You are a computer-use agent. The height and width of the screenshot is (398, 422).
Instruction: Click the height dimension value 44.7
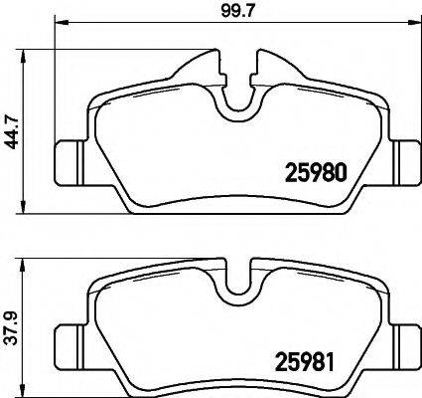(x=11, y=129)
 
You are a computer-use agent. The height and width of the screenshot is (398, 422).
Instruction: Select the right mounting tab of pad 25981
(x=405, y=344)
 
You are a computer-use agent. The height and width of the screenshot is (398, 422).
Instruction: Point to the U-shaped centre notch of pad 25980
(x=235, y=100)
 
